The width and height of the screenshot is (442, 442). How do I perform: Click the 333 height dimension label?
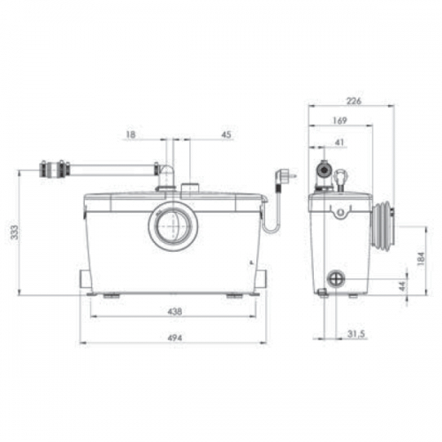15,232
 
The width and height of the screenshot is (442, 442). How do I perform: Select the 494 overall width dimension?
175,338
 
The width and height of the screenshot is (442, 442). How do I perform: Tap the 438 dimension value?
175,311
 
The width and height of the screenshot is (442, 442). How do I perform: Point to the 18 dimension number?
131,134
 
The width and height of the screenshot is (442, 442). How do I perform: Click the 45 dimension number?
226,134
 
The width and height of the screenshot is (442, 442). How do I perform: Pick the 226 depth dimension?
354,101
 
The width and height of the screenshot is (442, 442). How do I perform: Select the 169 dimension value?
339,120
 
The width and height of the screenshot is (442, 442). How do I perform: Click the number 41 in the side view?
339,142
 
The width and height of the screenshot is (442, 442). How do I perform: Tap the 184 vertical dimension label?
422,259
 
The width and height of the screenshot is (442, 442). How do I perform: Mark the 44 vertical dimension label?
402,286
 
